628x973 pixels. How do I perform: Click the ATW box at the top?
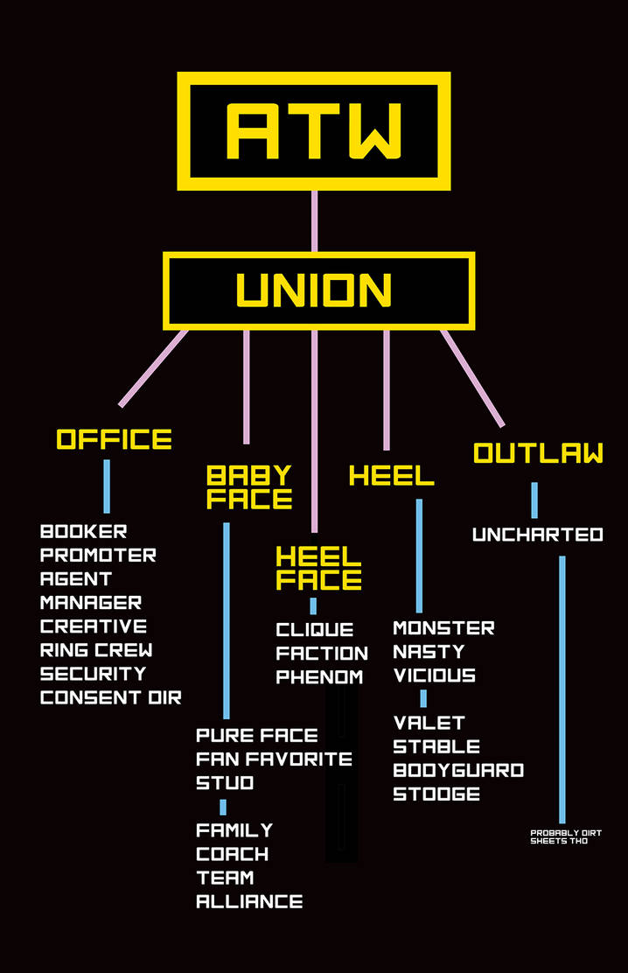tap(314, 130)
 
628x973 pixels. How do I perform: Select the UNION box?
tap(318, 291)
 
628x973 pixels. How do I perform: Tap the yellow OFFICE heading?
tap(115, 439)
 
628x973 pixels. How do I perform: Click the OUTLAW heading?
tap(538, 453)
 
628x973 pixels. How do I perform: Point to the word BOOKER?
tap(84, 531)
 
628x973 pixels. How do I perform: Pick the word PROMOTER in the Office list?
tap(98, 555)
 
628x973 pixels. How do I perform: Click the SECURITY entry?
tap(94, 674)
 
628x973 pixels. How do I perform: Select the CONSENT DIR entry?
tap(111, 697)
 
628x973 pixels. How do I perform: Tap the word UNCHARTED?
tap(538, 534)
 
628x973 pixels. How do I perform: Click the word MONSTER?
tap(443, 627)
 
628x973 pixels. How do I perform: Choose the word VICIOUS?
tap(435, 675)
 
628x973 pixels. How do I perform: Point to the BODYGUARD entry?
tap(458, 770)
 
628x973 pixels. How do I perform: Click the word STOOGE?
tap(436, 794)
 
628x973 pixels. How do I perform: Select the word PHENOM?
tap(319, 676)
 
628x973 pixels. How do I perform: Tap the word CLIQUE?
tap(315, 629)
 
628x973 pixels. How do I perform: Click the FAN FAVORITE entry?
tap(274, 759)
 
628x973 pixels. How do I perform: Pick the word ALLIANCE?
tap(249, 901)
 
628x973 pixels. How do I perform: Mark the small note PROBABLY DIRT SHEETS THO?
tap(565, 836)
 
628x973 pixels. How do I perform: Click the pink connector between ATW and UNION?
tap(314, 220)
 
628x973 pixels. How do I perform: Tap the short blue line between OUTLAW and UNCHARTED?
tap(534, 500)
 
